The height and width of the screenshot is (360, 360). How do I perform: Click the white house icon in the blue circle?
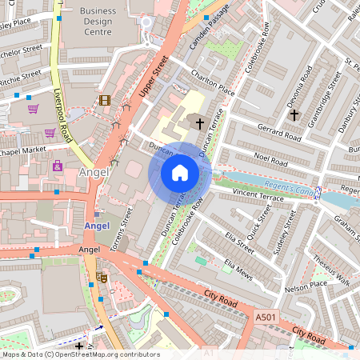coord(180,173)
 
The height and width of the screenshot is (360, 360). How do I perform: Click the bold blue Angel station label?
coord(96,226)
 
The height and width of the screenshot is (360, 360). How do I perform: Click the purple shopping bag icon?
coord(58,166)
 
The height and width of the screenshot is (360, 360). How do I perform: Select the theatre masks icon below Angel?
coord(102,276)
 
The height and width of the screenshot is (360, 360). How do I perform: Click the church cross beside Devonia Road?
coord(294,114)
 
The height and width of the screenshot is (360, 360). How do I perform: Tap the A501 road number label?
coord(266,318)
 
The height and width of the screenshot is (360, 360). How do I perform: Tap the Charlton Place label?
coord(213,82)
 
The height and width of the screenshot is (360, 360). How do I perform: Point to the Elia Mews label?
coord(239,269)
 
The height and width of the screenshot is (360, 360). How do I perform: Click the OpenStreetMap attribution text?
coord(80,354)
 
